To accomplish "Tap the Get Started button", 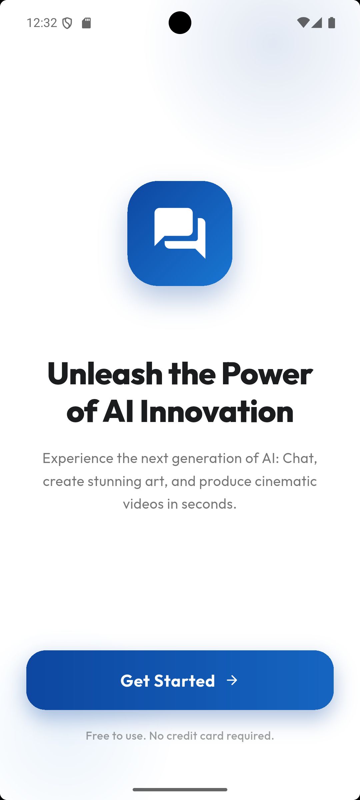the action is tap(180, 680).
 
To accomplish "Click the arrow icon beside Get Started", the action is tap(232, 680).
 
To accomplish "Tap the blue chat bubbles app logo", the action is tap(180, 233).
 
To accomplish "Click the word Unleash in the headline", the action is tap(105, 373).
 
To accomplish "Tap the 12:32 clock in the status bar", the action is tap(42, 23).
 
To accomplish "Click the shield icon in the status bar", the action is tap(67, 23).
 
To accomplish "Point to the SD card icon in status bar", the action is tap(86, 23).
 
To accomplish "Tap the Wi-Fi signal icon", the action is tap(303, 22).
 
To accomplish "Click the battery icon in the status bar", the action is tap(332, 22).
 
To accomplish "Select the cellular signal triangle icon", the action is tap(317, 23).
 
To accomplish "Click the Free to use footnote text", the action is tap(180, 736).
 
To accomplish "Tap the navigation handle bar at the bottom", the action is tap(180, 790).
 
